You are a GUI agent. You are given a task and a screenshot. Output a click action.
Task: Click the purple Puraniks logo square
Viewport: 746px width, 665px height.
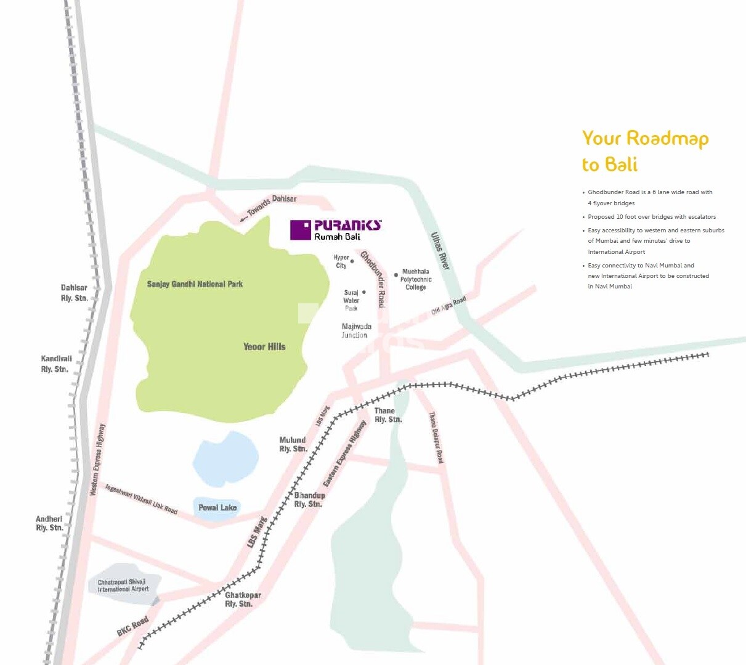click(x=301, y=230)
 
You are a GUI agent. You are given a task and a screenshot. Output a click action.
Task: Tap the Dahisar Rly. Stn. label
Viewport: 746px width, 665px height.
click(x=74, y=293)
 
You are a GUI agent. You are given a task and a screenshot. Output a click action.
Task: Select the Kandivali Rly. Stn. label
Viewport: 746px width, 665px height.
click(x=56, y=364)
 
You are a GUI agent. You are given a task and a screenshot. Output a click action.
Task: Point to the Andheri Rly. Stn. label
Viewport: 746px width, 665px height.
click(x=49, y=523)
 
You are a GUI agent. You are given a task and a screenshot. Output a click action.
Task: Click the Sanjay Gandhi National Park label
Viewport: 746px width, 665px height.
click(x=195, y=284)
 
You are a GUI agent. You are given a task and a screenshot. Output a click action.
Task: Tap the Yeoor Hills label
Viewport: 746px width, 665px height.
click(x=264, y=347)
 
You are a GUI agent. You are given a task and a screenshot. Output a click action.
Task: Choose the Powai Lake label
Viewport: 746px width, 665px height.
click(x=217, y=508)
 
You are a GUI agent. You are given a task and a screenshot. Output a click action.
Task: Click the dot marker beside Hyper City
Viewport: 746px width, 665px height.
click(x=352, y=261)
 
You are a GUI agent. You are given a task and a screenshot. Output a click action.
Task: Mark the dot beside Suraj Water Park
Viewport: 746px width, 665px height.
click(x=364, y=292)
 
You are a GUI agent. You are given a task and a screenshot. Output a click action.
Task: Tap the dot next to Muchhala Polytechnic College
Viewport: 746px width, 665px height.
click(x=395, y=275)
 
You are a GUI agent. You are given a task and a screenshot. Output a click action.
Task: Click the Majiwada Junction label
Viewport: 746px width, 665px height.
click(x=356, y=331)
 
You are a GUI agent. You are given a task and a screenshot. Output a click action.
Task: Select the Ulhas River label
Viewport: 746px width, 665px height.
click(x=440, y=251)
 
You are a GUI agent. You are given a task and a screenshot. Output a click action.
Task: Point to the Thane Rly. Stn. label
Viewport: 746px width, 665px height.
click(x=387, y=415)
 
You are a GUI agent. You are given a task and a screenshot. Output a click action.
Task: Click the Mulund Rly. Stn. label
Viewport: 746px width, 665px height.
click(x=293, y=444)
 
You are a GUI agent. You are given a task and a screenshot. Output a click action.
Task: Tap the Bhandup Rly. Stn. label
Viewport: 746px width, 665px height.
click(x=309, y=500)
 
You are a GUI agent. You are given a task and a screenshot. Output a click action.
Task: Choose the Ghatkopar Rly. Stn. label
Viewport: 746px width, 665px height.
click(x=242, y=600)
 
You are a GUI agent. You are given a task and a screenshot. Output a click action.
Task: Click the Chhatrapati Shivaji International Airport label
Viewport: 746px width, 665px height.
click(x=123, y=585)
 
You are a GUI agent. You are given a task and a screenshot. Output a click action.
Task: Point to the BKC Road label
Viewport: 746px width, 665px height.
click(x=132, y=626)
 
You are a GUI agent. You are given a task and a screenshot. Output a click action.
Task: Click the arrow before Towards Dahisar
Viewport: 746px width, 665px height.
click(x=244, y=218)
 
